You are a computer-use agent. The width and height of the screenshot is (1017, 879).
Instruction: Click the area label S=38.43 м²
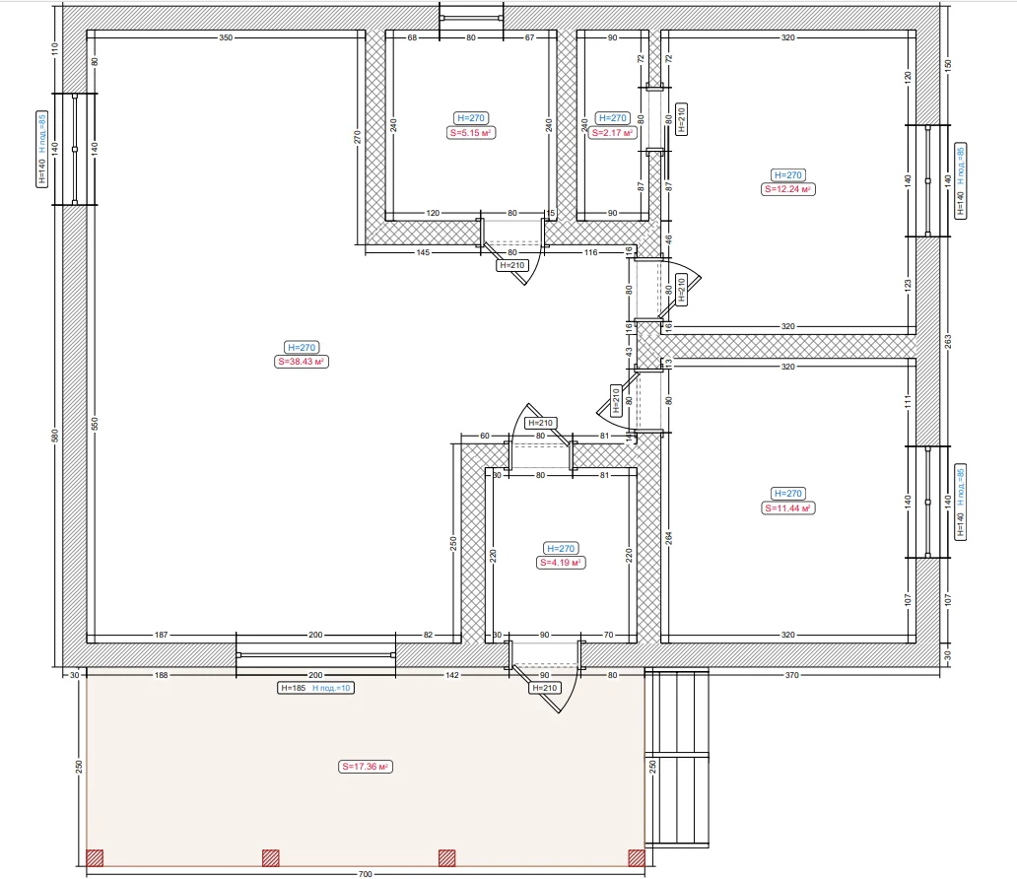point(302,362)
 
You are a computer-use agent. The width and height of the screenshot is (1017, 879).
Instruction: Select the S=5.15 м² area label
point(471,132)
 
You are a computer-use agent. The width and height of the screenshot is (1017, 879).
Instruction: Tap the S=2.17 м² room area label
point(612,132)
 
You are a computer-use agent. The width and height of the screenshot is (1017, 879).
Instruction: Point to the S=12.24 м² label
point(787,189)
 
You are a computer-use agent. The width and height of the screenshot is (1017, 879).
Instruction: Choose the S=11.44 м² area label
point(787,507)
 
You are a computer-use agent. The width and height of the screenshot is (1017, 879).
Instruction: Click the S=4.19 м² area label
point(561,563)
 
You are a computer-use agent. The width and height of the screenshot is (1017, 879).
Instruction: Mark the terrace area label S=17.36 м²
point(366,766)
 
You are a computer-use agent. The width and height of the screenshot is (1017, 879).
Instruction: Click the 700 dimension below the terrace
point(366,874)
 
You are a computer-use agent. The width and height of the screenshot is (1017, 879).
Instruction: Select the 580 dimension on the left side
point(55,436)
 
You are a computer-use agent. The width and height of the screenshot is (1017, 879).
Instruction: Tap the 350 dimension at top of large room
point(225,37)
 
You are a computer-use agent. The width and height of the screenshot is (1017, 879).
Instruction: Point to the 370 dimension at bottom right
point(792,675)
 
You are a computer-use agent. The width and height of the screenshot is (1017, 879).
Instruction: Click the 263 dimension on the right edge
point(948,341)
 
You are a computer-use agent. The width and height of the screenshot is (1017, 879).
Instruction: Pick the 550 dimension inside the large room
point(95,424)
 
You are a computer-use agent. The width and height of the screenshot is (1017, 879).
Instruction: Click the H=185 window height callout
point(293,688)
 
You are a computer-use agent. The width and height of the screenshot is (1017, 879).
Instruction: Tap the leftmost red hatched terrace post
point(95,858)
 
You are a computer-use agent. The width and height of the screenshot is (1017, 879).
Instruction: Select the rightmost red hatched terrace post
point(637,858)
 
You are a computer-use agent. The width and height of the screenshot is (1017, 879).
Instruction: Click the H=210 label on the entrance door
point(545,688)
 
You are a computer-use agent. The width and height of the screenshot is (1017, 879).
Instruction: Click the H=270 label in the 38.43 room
point(302,347)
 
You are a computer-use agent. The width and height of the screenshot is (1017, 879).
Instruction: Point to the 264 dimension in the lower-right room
point(669,538)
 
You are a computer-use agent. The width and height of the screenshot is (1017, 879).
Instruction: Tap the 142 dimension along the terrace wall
point(452,675)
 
